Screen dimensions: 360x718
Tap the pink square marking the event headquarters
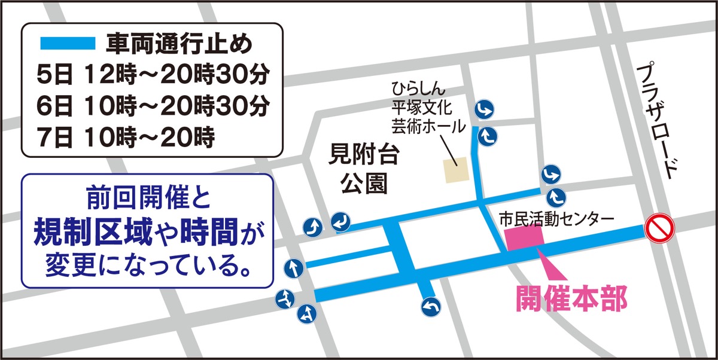pos(525,238)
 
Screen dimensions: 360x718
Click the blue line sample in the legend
pos(67,44)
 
